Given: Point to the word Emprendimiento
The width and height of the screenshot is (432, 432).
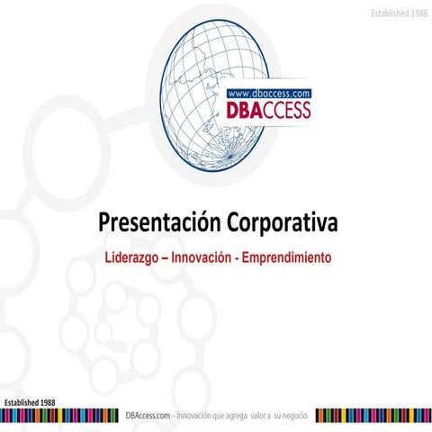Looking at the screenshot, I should pos(289,257).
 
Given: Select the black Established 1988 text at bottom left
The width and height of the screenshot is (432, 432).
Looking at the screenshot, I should pos(31,400).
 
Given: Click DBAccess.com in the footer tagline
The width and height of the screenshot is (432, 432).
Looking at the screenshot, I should pos(148,415).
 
